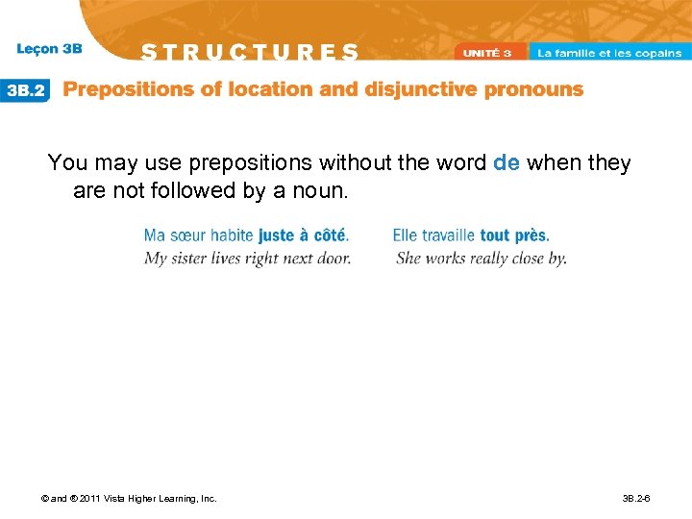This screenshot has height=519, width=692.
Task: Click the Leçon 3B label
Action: pos(49,48)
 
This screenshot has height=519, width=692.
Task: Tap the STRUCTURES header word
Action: pos(250,52)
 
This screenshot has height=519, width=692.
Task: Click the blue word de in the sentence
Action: pos(506,163)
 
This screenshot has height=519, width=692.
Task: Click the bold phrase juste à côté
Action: pos(303,235)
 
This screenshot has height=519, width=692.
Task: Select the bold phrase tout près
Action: pos(514,235)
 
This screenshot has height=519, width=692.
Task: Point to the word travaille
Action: pos(447,235)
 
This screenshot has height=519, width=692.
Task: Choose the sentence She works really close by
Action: pos(481,258)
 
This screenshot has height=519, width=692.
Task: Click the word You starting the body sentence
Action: pos(66,163)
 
